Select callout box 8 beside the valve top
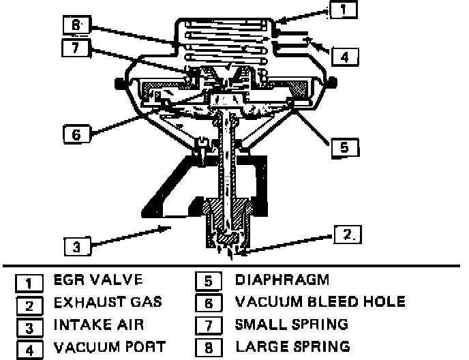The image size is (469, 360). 75,26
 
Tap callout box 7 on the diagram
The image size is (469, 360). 75,48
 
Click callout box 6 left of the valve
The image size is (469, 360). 76,134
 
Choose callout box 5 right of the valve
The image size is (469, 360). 345,146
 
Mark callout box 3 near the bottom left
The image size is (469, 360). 77,245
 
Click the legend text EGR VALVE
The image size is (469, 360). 97,280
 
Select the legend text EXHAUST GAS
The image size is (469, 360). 108,302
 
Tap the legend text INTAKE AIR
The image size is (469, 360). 99,324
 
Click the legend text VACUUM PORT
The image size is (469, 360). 109,346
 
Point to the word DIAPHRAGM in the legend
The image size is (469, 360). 282,280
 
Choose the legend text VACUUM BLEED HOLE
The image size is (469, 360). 320,301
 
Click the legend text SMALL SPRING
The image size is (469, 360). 291,324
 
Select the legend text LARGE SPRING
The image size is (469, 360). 292,346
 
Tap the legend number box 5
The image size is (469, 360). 206,281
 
